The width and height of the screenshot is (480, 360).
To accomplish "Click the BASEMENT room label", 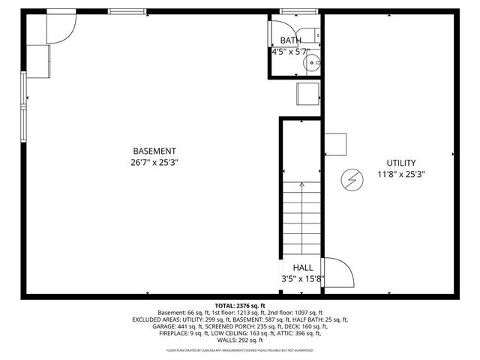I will (x=154, y=151).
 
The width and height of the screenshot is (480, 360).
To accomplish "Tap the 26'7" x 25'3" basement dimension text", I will (x=154, y=162).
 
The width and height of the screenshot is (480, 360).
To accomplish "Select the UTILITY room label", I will (x=401, y=163).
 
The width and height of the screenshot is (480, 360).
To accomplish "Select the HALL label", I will (x=302, y=267).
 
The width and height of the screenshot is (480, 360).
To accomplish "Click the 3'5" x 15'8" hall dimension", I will (x=302, y=278).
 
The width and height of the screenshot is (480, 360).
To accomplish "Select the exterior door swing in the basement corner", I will (x=61, y=28).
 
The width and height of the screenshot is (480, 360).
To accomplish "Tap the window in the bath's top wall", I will (x=292, y=11).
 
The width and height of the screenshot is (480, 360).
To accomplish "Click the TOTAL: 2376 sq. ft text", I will (x=240, y=306).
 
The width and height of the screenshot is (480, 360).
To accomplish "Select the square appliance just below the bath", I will (x=308, y=94).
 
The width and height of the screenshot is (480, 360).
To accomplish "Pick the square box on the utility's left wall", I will (x=335, y=144).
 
